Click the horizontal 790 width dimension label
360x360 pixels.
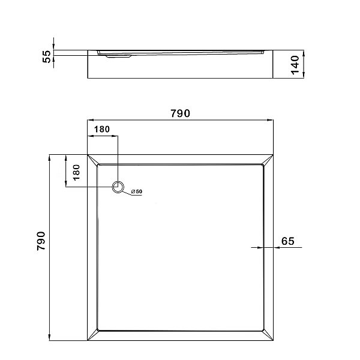click(x=180, y=113)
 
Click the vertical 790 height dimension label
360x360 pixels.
click(x=41, y=241)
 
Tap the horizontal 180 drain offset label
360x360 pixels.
click(x=102, y=130)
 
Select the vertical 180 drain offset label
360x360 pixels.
click(x=76, y=172)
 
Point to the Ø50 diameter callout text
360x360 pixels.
click(x=137, y=191)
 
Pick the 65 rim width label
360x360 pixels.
click(x=287, y=241)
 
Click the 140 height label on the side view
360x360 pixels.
click(x=295, y=65)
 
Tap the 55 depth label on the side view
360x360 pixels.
click(x=47, y=56)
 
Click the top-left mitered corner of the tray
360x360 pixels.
click(x=93, y=160)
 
